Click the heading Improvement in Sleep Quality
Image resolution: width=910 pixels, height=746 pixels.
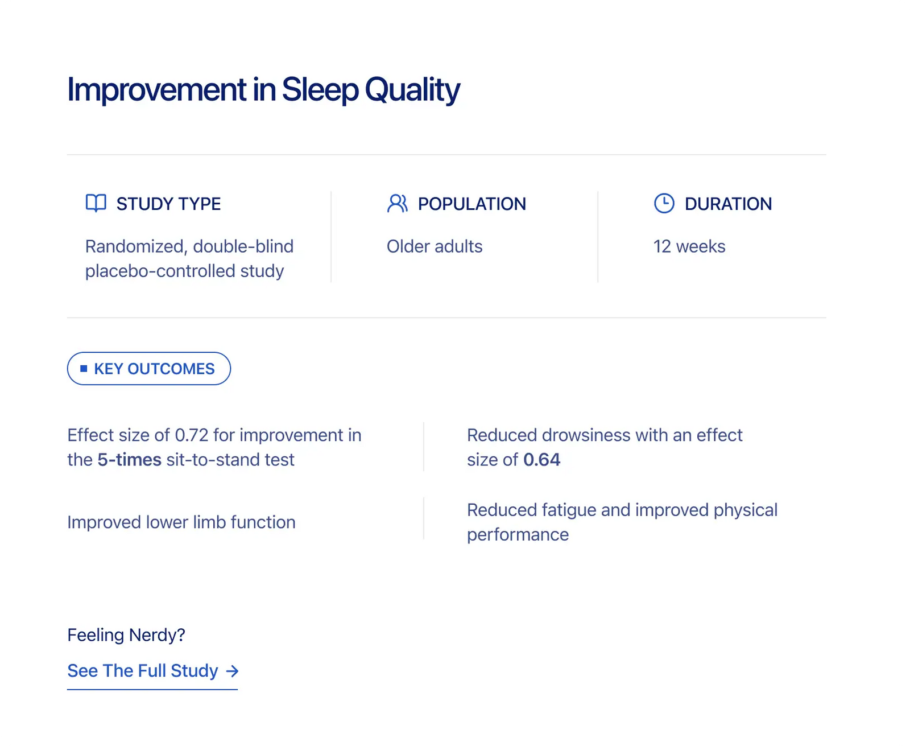pos(263,90)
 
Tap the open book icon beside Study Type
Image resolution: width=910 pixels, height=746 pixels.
pos(96,203)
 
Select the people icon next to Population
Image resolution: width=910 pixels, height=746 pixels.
pos(397,203)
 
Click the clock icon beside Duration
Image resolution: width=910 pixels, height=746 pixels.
pos(664,203)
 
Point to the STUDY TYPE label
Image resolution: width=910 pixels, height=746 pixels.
pos(168,204)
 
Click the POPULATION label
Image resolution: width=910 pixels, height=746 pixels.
pos(472,204)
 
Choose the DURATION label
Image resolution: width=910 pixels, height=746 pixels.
pos(729,204)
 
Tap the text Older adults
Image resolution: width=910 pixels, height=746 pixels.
pos(435,246)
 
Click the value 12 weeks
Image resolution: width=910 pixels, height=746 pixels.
pos(689,246)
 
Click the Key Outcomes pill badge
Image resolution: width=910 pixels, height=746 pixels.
pos(149,368)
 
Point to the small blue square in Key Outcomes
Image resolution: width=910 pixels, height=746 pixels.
pos(84,368)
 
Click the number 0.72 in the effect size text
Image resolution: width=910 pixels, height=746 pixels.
pos(192,435)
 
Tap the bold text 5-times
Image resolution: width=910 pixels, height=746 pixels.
pos(130,460)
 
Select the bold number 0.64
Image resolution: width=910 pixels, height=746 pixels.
pos(541,460)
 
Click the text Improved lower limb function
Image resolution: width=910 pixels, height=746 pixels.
pos(181,522)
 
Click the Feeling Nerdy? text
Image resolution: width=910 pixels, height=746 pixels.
pos(126,635)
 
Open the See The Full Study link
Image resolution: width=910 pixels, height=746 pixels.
pos(152,671)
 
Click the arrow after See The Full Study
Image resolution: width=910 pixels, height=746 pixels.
pos(232,671)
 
